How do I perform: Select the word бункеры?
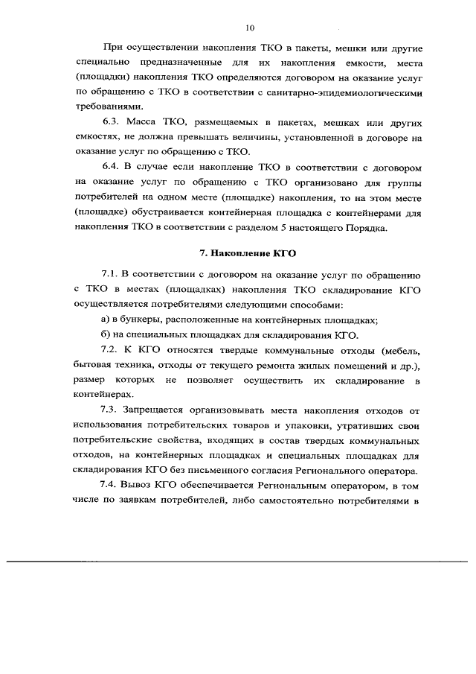coord(144,320)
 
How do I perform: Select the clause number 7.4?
coord(109,484)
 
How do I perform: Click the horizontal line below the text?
coord(238,559)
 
